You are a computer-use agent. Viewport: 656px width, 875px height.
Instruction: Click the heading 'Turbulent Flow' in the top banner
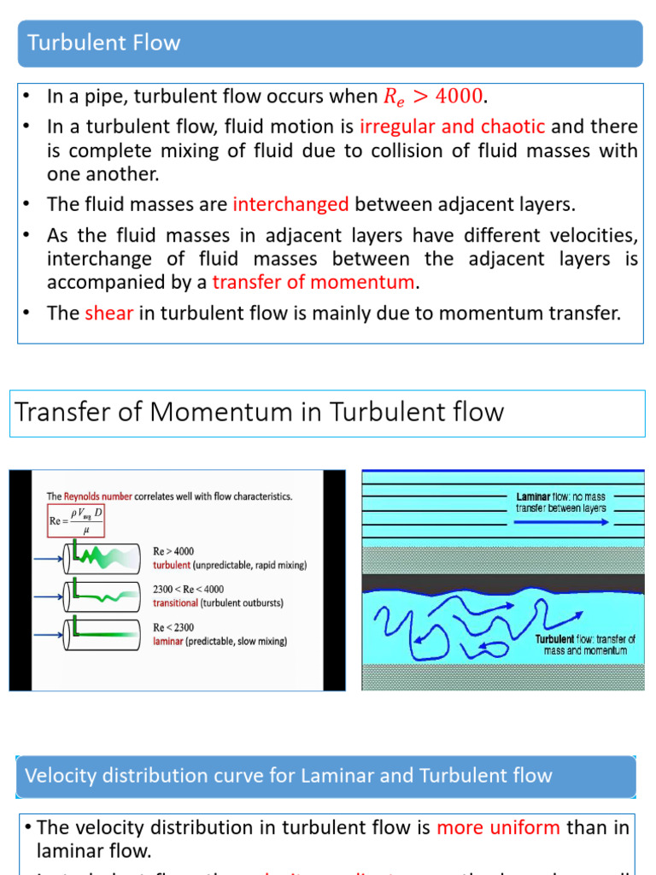(104, 43)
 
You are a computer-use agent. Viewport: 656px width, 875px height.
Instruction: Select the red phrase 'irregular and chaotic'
(452, 126)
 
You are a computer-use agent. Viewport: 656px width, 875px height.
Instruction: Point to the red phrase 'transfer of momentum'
(313, 282)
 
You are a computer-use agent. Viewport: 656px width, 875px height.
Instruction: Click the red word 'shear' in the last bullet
(108, 313)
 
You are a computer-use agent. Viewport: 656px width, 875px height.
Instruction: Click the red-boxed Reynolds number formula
(76, 520)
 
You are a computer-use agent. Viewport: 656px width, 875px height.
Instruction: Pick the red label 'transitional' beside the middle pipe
(181, 602)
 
